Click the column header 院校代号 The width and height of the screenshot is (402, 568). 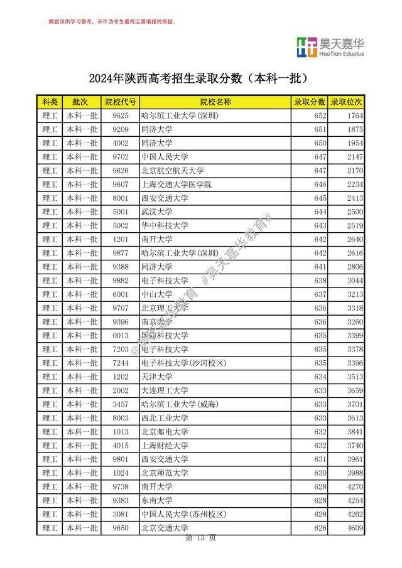click(120, 102)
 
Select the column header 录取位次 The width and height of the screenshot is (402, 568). click(347, 102)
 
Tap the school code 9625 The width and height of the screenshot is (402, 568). click(120, 115)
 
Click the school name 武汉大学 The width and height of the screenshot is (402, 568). click(156, 212)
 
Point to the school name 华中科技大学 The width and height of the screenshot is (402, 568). click(165, 225)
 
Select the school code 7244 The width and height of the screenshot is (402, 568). click(120, 363)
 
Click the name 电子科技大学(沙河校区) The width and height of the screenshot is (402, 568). click(183, 363)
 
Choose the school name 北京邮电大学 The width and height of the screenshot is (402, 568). click(165, 432)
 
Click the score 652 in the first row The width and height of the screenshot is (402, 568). click(320, 115)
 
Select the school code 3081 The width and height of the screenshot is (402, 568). click(120, 515)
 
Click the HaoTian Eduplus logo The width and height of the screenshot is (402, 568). click(330, 47)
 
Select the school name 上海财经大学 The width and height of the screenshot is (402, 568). click(165, 446)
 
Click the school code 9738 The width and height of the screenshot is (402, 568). click(120, 487)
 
